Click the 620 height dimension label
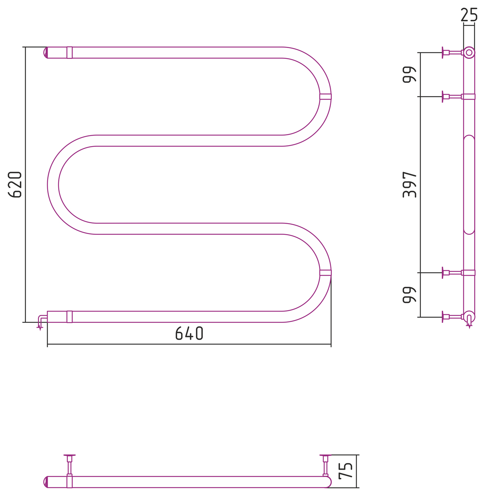14,184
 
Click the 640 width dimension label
189,333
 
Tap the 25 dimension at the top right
469,14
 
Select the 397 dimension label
409,184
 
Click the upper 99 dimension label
409,74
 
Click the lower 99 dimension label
409,295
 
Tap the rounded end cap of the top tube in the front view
46,52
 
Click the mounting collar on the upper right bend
326,96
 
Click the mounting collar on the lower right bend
326,272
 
